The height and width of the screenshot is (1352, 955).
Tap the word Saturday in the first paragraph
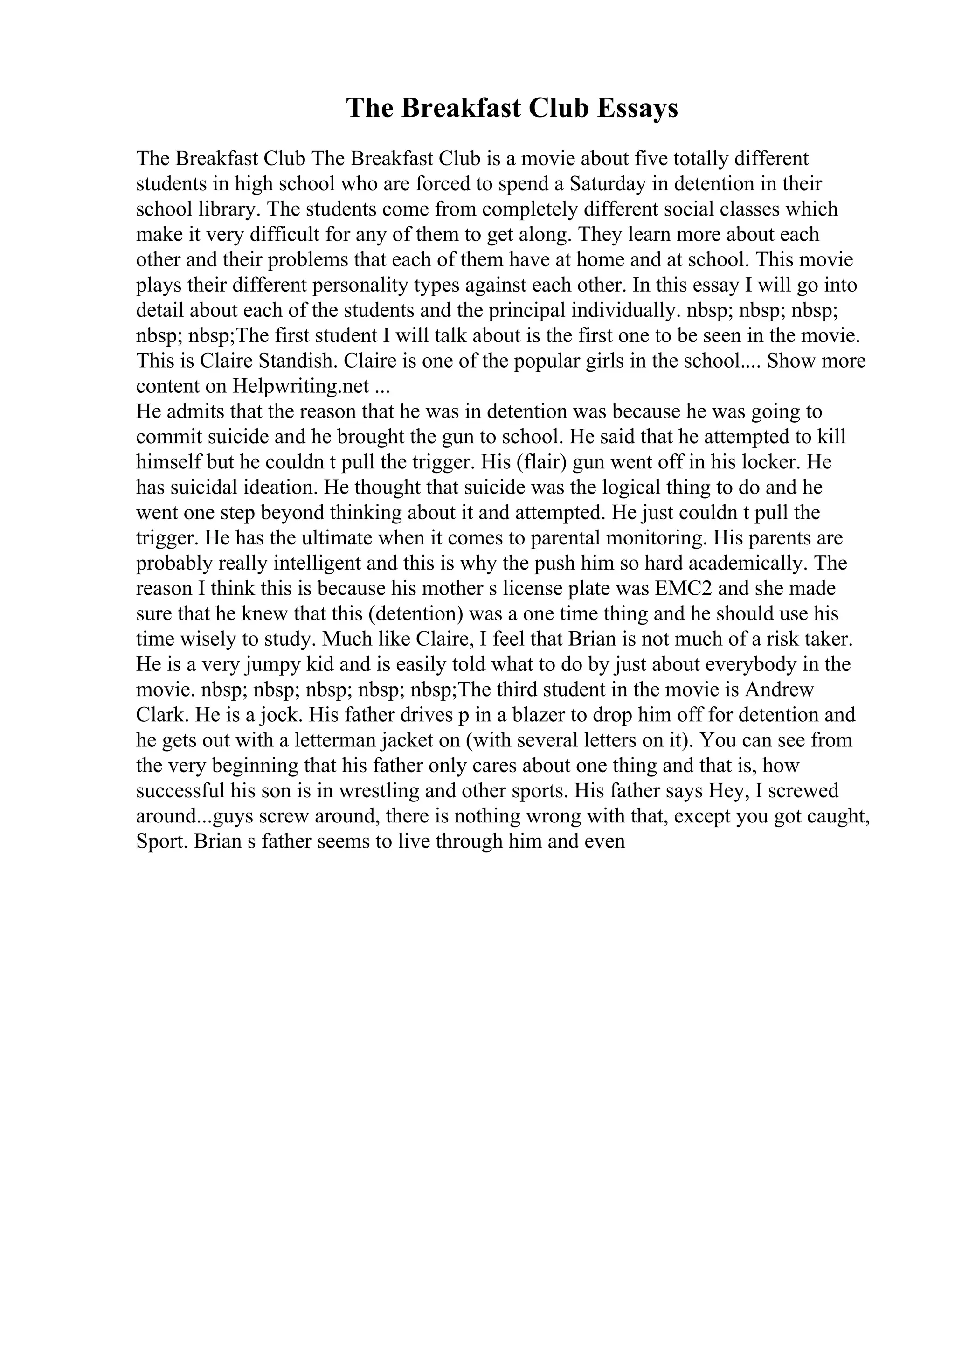click(605, 184)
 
